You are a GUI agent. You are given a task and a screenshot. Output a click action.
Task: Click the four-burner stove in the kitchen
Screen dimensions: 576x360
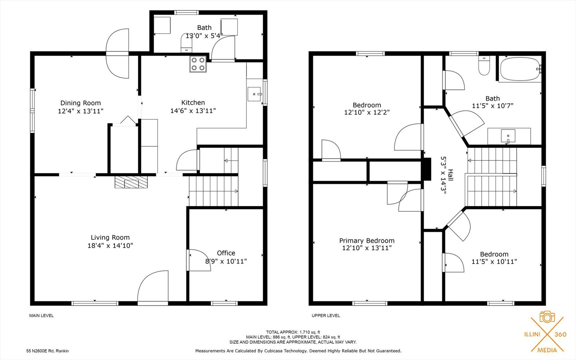point(198,64)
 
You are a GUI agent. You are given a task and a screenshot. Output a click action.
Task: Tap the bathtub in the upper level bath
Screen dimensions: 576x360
point(520,69)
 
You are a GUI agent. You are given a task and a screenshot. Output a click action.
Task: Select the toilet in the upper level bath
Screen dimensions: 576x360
point(484,66)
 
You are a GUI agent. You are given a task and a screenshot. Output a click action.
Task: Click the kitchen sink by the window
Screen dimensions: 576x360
point(255,94)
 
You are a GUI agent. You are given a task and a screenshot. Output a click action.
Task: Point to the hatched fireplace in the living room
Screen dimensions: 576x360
point(131,182)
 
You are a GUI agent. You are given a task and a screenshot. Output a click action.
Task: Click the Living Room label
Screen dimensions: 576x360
point(110,237)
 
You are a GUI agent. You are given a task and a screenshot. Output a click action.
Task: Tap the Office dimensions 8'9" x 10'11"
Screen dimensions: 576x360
point(226,261)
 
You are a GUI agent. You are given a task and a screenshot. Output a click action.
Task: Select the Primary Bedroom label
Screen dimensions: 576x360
point(367,240)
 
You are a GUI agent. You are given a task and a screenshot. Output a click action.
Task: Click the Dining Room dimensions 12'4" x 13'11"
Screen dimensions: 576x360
point(81,111)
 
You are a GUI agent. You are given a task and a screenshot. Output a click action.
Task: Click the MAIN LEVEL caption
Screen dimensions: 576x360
point(41,316)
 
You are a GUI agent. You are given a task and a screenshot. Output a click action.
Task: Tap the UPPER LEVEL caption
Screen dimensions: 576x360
point(326,316)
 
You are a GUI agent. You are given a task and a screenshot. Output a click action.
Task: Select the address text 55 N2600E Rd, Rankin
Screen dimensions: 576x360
point(48,351)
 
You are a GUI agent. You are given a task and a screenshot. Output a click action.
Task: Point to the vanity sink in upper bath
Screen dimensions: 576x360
point(508,136)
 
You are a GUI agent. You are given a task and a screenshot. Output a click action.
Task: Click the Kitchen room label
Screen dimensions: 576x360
point(193,103)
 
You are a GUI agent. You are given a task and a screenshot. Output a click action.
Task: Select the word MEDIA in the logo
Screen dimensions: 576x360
point(547,350)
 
